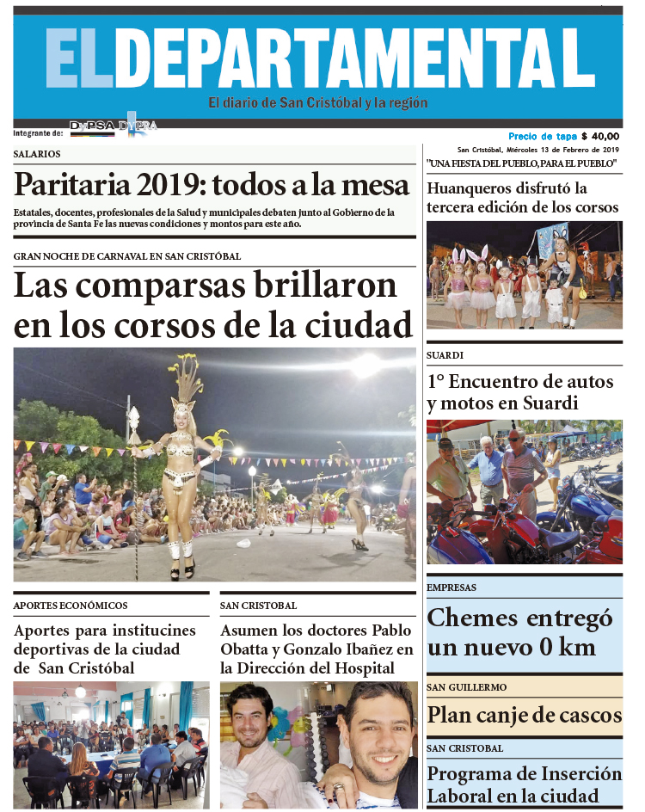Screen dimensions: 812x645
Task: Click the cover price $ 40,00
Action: tap(600, 136)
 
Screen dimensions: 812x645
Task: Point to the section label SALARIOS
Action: tap(37, 154)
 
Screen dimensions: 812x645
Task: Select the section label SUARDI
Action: tap(445, 354)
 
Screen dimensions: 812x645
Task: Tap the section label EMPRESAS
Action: tap(451, 587)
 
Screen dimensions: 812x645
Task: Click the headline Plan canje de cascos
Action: tap(524, 715)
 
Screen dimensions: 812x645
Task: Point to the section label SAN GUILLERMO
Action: tap(466, 687)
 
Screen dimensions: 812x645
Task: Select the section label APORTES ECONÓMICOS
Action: tap(71, 606)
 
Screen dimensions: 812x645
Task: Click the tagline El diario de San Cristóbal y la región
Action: tap(317, 103)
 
